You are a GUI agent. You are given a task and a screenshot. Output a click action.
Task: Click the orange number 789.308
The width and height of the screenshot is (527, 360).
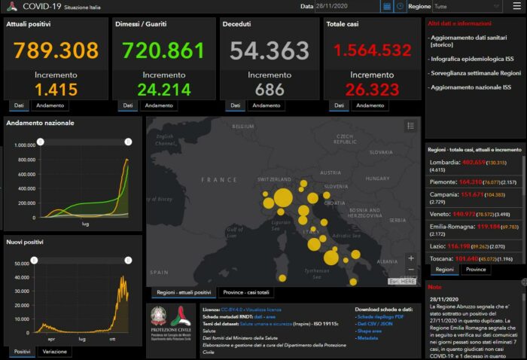point(56,50)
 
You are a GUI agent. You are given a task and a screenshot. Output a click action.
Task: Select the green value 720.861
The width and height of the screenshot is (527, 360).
point(163,50)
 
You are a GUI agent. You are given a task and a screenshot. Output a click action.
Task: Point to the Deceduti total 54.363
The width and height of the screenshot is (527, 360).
point(270,50)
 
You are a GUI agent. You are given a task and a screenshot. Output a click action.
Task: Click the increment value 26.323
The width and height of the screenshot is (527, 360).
point(372,90)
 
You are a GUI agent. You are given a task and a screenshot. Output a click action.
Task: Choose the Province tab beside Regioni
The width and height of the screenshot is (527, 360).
point(476,270)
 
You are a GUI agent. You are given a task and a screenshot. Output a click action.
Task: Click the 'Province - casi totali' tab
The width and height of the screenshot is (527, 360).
point(246,292)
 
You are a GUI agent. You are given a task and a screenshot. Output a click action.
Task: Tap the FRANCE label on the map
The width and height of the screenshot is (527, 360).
point(219,180)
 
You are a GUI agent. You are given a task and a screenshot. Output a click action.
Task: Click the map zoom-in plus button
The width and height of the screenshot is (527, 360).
point(410,258)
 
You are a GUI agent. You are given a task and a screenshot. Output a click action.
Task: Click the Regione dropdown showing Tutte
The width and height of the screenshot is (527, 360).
point(476,6)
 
